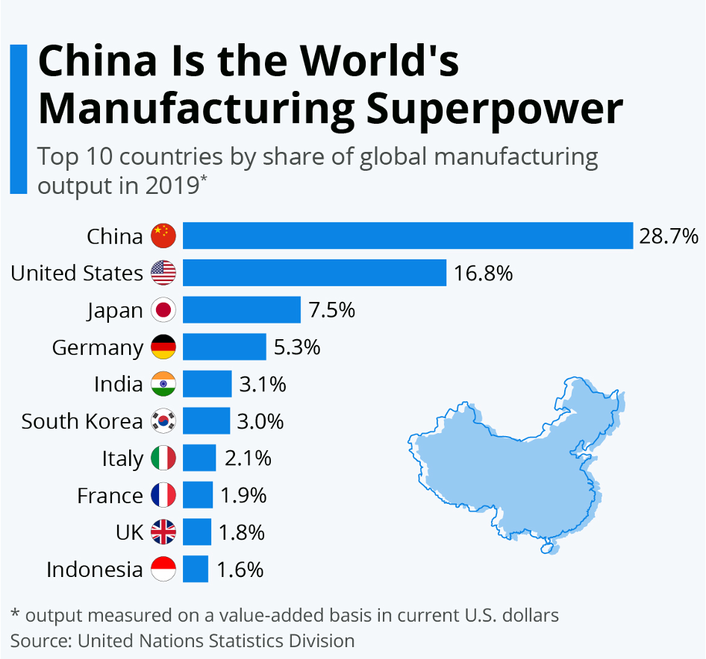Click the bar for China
(407, 236)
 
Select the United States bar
(314, 273)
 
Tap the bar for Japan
(241, 309)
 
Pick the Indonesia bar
(196, 570)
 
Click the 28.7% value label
(669, 236)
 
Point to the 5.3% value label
(296, 347)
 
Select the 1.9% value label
(243, 496)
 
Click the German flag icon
(163, 347)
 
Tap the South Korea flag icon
(163, 421)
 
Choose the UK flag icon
(163, 532)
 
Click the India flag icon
(163, 384)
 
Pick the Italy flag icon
(163, 458)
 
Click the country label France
(110, 496)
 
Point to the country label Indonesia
(94, 570)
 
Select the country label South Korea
(81, 421)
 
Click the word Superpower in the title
(489, 108)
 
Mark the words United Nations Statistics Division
(216, 640)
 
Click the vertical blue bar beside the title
(19, 119)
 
